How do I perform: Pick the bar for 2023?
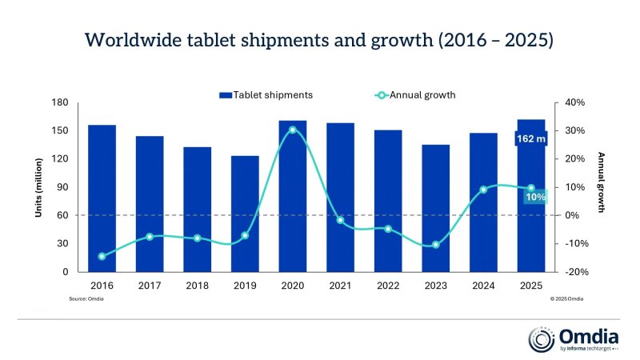click(x=436, y=208)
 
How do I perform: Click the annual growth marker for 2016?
click(x=102, y=257)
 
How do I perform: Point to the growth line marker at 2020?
click(x=292, y=130)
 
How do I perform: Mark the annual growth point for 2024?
click(x=483, y=190)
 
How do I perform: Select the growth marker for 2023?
click(x=436, y=245)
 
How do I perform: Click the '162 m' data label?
click(x=530, y=139)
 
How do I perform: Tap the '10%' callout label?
click(x=535, y=197)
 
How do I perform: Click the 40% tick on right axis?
click(x=575, y=102)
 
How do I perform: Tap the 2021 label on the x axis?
click(x=340, y=286)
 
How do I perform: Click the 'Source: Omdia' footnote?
click(x=86, y=298)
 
